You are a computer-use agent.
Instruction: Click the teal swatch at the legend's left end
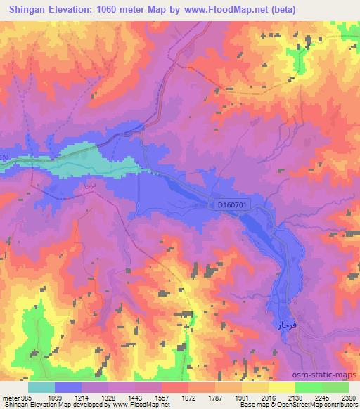click(41, 387)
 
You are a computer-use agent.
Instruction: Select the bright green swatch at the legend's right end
click(335, 387)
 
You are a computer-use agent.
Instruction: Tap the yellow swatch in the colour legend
click(282, 387)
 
